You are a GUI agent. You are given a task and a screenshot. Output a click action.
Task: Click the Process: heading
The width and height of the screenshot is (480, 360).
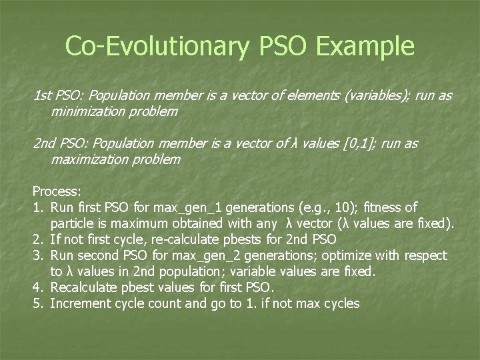click(58, 191)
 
